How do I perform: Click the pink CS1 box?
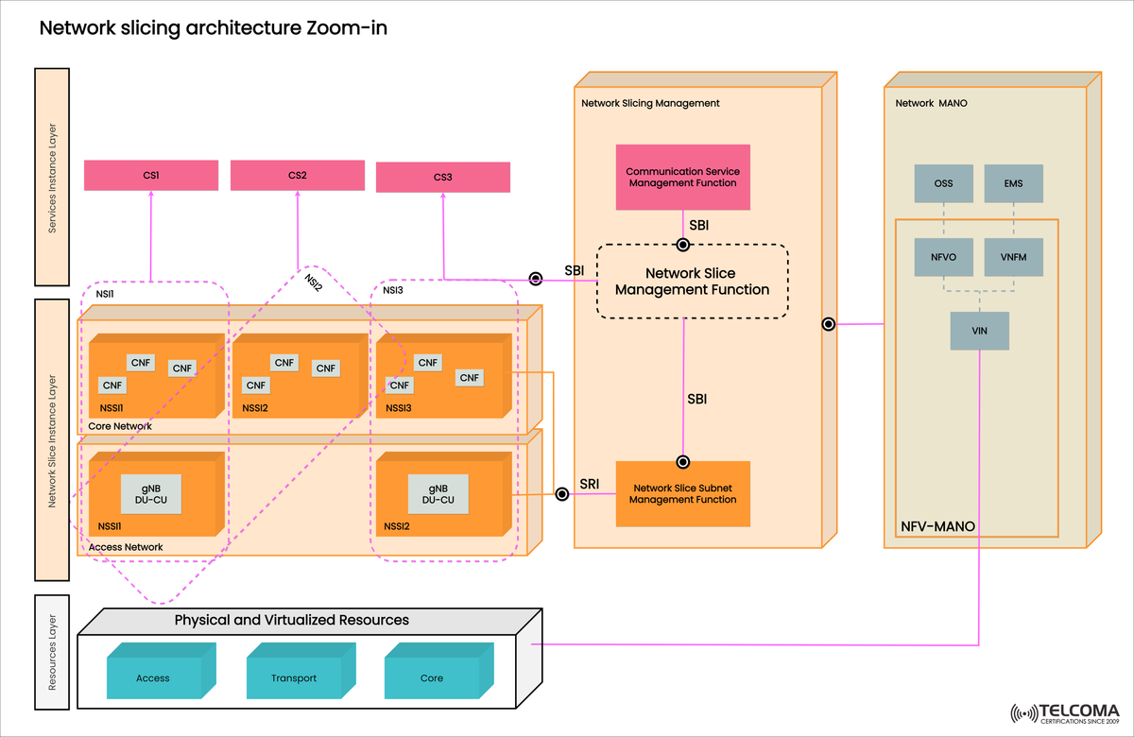point(151,175)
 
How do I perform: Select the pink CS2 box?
point(298,175)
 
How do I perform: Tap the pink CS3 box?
point(442,177)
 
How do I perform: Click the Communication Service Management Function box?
point(682,177)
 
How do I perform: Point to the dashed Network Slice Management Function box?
point(692,282)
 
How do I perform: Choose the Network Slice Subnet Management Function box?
point(682,493)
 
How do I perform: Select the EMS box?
point(1014,183)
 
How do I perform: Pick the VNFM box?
point(1014,256)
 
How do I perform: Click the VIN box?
point(980,331)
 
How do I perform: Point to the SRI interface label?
point(589,483)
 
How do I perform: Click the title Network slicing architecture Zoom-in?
point(213,29)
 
